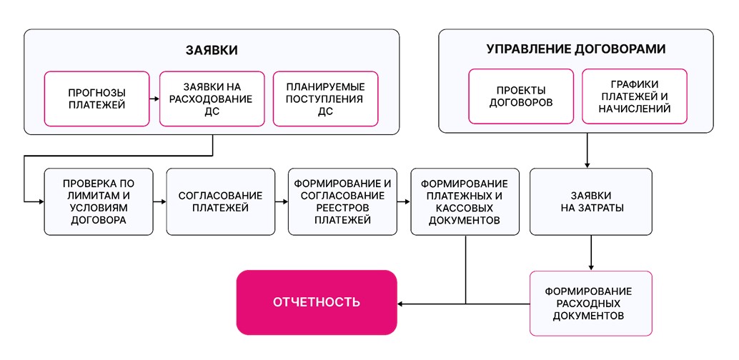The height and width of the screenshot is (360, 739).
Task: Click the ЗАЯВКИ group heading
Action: tap(212, 51)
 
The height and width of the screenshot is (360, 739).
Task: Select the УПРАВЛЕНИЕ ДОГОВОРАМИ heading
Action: tap(576, 49)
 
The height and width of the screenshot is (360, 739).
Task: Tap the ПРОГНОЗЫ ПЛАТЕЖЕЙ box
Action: tap(96, 99)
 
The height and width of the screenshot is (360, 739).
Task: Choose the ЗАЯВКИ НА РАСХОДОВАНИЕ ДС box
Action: tap(212, 99)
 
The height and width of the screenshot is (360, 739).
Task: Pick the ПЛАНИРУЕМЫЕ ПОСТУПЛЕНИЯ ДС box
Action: tap(326, 99)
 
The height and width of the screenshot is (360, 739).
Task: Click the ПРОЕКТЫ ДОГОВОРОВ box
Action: tap(521, 96)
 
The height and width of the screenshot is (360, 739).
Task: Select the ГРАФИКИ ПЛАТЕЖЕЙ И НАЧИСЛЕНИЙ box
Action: tap(635, 96)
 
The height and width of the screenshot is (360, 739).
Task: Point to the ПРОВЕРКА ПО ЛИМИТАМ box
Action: tap(99, 201)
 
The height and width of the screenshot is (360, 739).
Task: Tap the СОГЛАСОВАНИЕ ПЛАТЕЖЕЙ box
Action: tap(221, 201)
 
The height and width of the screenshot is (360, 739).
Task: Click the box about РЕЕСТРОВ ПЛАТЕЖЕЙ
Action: tap(342, 201)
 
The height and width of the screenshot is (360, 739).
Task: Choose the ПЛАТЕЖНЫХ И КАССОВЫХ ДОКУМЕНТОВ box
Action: tap(465, 201)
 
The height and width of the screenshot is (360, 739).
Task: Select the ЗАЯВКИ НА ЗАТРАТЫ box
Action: tap(591, 201)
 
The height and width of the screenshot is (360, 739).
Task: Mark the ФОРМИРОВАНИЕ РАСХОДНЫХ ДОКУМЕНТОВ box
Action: tap(591, 304)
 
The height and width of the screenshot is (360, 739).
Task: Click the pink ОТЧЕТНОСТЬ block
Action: tap(317, 303)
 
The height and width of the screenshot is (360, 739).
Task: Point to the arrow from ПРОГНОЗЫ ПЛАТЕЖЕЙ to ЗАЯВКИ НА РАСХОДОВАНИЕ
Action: tap(154, 99)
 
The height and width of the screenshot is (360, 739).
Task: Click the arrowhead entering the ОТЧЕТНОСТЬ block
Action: tap(401, 304)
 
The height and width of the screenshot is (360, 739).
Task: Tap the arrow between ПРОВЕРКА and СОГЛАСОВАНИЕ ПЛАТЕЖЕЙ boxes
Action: tap(160, 201)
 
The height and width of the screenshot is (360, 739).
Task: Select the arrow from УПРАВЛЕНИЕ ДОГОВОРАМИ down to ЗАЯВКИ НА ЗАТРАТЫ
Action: tap(587, 151)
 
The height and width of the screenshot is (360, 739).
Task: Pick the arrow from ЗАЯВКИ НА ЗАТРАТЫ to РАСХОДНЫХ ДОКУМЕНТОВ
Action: tap(591, 253)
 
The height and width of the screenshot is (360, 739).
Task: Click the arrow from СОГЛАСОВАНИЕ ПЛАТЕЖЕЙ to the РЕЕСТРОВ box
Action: tap(282, 201)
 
